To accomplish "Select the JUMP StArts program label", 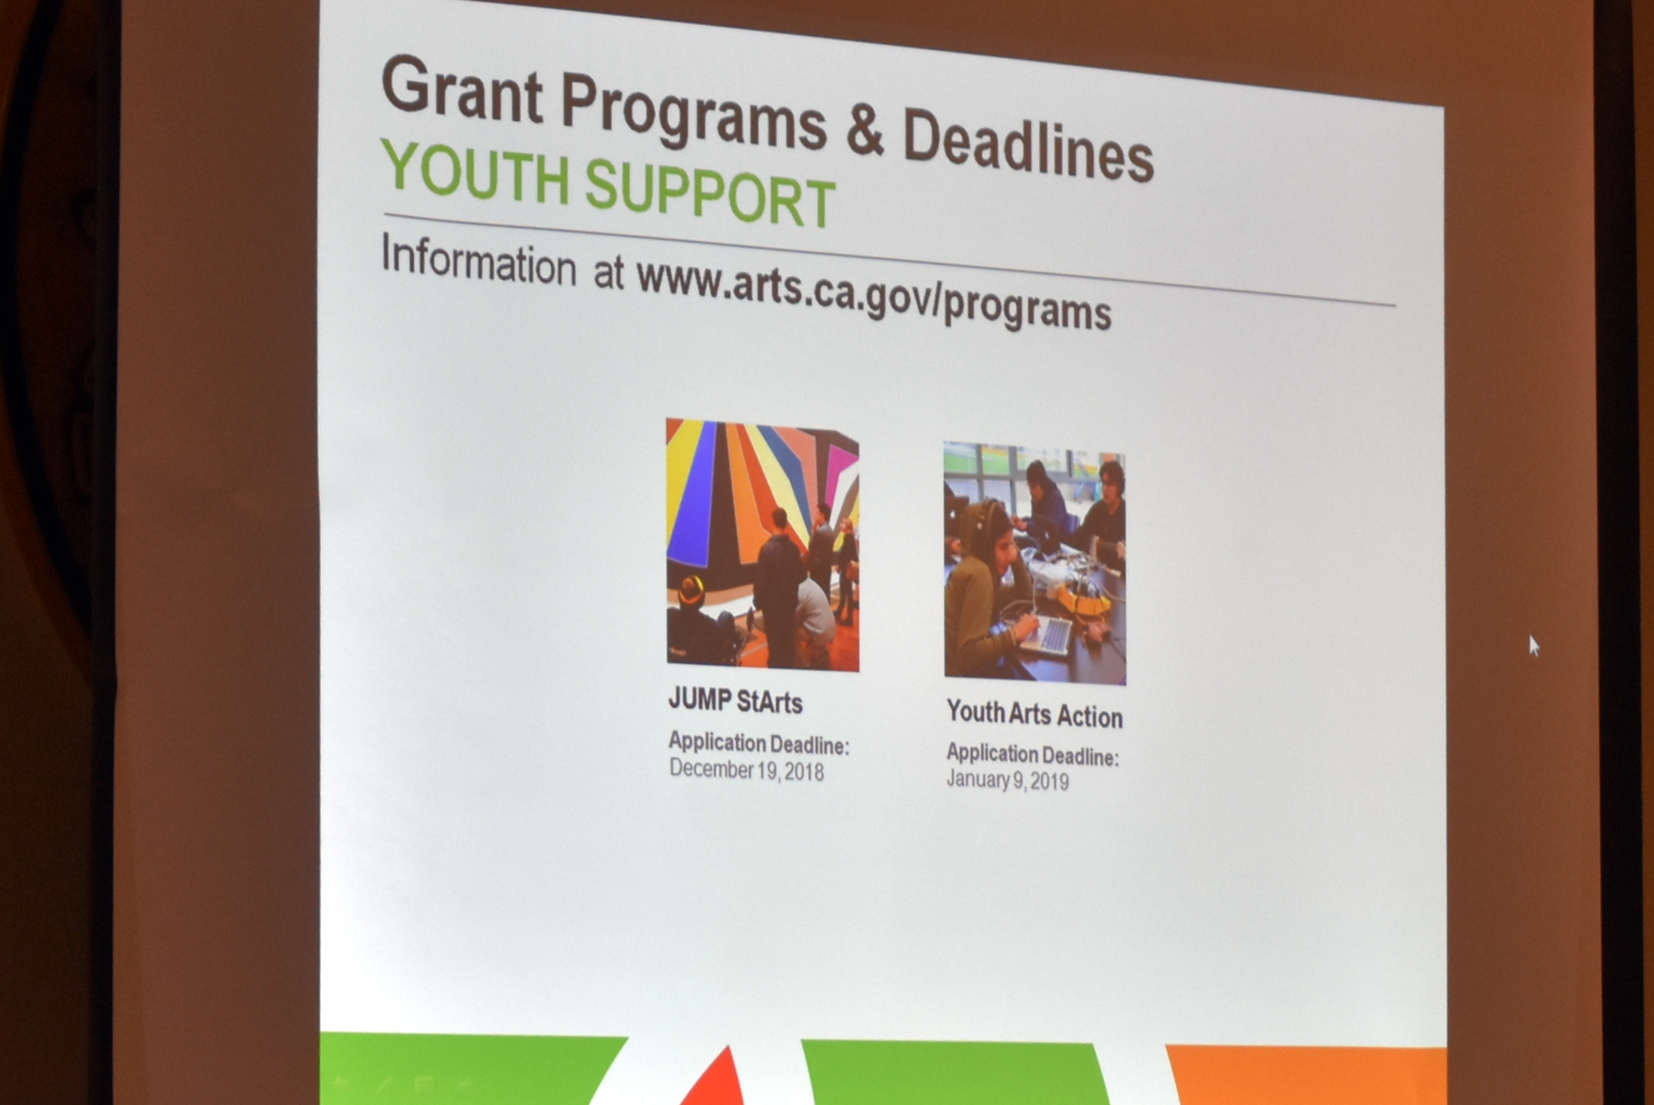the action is [735, 700].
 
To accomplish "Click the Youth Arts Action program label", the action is [1034, 713].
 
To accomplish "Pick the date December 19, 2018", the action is [746, 769].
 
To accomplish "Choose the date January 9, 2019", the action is [1007, 779].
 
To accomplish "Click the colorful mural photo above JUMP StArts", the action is [763, 545].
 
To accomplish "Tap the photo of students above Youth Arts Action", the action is [1035, 563].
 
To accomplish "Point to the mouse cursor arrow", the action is [1534, 646].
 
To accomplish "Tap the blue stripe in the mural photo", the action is [692, 493].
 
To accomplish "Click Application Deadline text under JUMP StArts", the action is [759, 744].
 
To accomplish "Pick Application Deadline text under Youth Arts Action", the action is [1033, 754].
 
